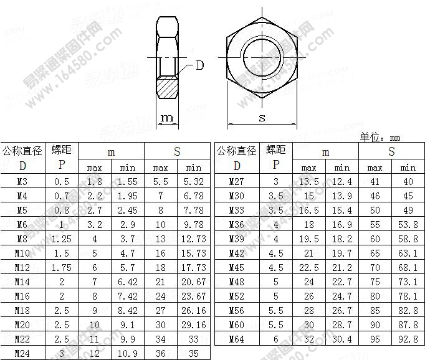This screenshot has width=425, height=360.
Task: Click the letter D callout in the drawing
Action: point(199,64)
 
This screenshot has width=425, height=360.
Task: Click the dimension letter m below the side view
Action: point(167,118)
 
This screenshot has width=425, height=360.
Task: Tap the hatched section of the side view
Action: point(167,87)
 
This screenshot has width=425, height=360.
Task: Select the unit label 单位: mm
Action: point(380,137)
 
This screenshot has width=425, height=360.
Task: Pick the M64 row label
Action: point(237,339)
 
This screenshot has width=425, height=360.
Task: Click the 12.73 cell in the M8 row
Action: point(194,239)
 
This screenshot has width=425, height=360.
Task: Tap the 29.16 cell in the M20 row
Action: point(194,324)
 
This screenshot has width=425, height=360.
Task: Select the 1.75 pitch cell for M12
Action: point(62,268)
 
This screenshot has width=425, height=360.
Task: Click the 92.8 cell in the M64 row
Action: point(408,339)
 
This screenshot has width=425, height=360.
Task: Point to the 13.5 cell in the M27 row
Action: point(308,182)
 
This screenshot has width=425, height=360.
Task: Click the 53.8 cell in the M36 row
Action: point(408,225)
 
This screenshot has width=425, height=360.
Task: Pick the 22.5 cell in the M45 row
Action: point(308,268)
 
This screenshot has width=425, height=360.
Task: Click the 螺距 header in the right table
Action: point(276,150)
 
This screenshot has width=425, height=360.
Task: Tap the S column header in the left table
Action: point(177,151)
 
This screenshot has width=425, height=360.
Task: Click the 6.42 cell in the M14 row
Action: point(128,282)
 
